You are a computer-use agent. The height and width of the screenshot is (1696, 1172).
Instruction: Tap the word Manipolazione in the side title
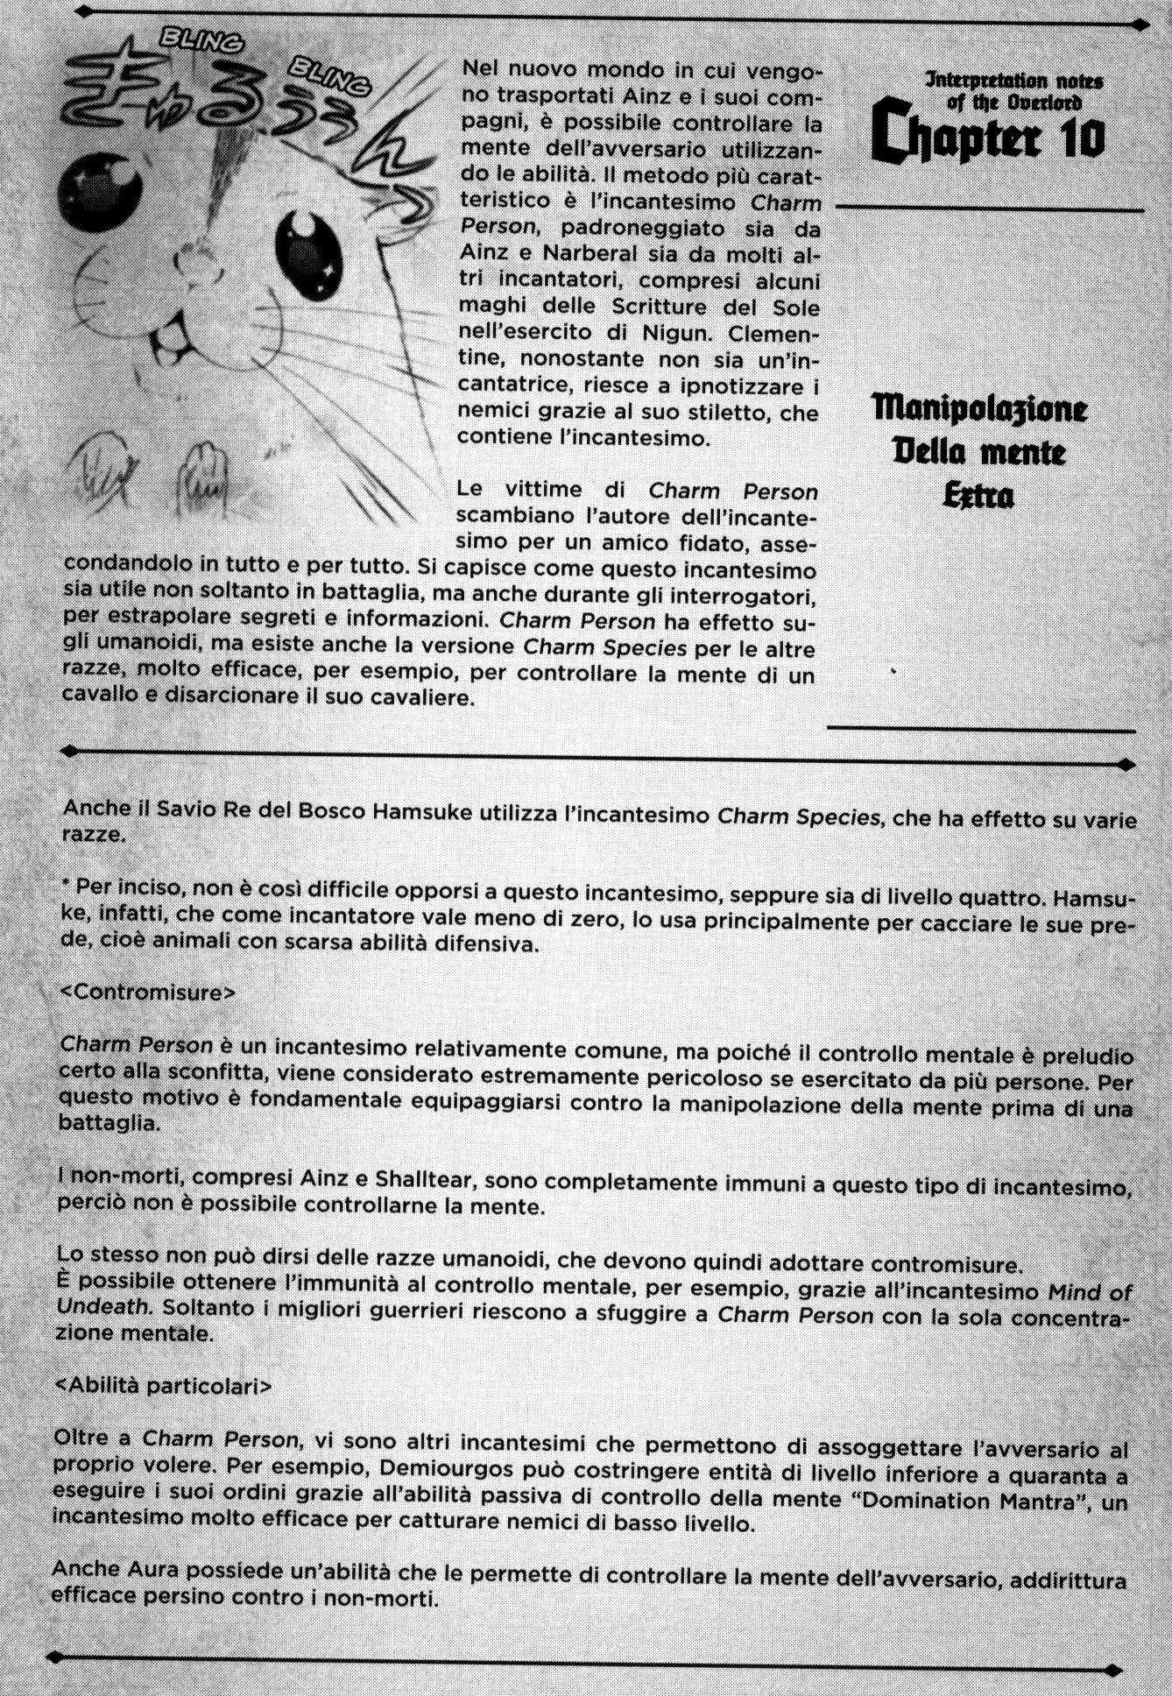tap(979, 408)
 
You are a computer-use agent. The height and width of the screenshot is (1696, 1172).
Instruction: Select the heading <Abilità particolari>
tap(163, 1387)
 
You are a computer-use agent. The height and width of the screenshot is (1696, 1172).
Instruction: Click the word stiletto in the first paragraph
tap(702, 413)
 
